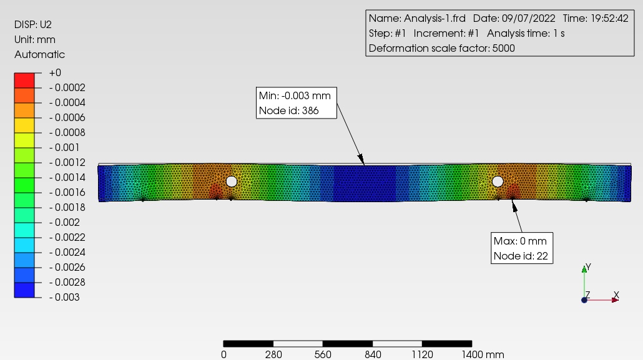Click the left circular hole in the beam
point(231,182)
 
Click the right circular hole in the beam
point(498,182)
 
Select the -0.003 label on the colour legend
point(64,297)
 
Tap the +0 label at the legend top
point(55,72)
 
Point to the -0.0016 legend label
point(67,192)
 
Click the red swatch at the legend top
point(24,80)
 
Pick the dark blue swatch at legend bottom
point(24,290)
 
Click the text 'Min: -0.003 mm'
point(295,95)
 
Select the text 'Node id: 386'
point(288,110)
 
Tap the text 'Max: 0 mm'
point(520,241)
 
